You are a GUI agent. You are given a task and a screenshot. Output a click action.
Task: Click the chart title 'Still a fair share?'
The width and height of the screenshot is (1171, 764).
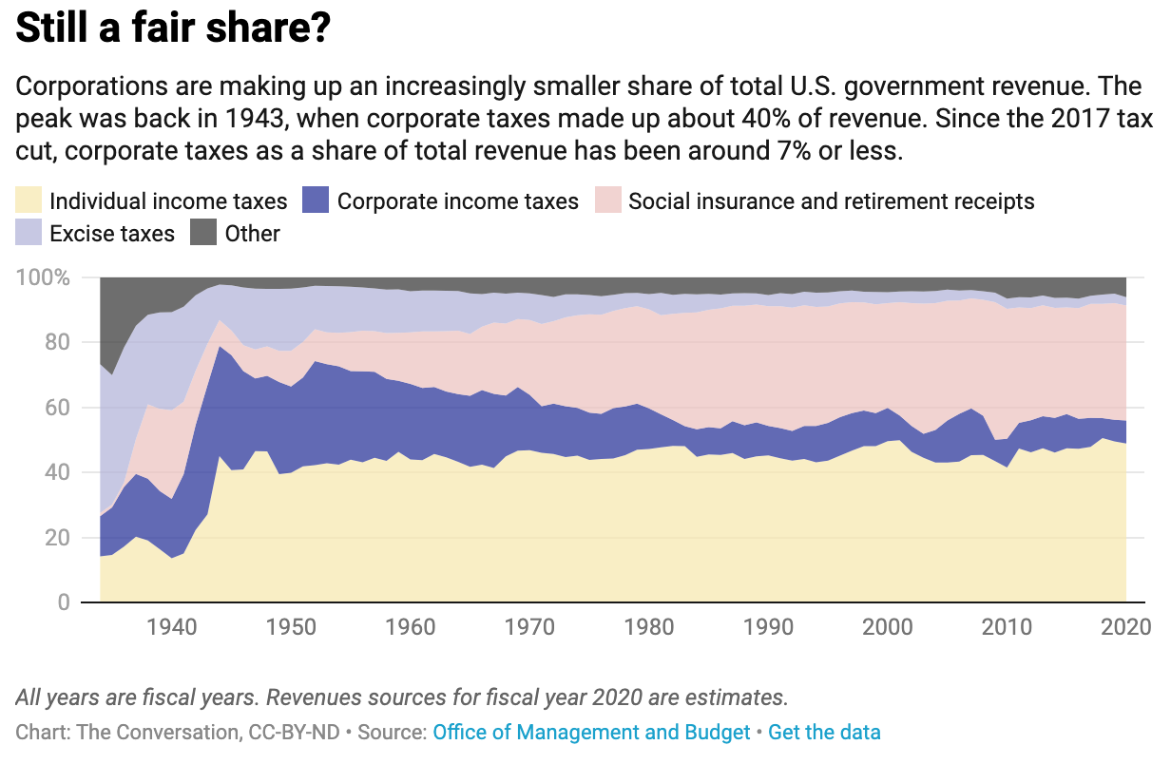[x=173, y=29]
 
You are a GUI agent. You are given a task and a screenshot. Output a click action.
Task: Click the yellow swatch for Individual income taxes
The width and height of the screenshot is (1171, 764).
[x=29, y=201]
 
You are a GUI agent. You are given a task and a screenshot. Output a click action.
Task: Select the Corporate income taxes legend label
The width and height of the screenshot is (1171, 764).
[x=457, y=201]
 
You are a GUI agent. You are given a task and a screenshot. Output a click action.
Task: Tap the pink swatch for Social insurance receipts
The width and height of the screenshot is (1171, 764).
[x=607, y=201]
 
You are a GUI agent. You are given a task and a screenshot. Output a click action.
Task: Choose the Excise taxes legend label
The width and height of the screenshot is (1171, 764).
[x=112, y=234]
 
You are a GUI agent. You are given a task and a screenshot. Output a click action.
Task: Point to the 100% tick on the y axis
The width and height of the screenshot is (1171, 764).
[x=44, y=278]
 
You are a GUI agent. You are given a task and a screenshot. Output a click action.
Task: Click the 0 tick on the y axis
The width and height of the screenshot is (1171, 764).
[x=65, y=602]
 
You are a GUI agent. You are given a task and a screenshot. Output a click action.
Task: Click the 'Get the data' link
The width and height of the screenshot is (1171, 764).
[x=824, y=733]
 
